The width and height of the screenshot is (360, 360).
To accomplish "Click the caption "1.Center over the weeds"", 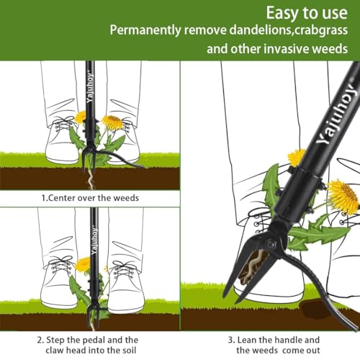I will click(x=89, y=197).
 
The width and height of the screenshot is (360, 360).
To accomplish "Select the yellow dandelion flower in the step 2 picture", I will click(x=84, y=265).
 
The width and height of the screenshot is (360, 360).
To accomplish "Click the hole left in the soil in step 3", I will click(x=328, y=311).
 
